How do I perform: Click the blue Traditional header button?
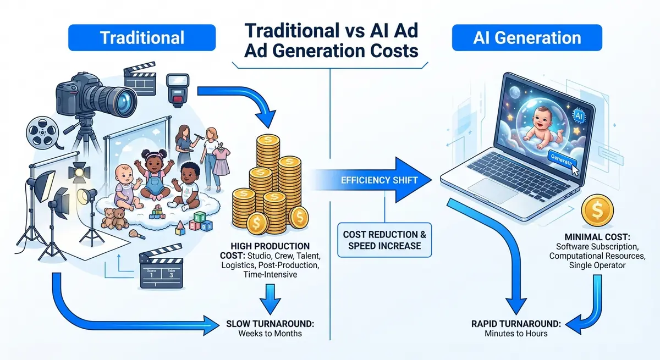pyautogui.click(x=142, y=37)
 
